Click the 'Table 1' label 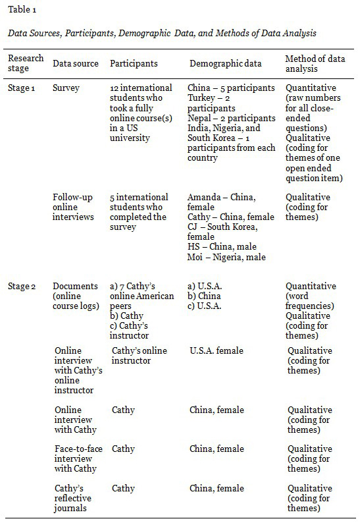click(x=24, y=11)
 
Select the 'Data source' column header click(x=76, y=64)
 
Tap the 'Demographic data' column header click(x=226, y=64)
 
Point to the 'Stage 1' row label click(x=22, y=88)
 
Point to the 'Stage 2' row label click(x=22, y=286)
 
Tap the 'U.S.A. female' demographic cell click(x=216, y=350)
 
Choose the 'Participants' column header click(x=134, y=64)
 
